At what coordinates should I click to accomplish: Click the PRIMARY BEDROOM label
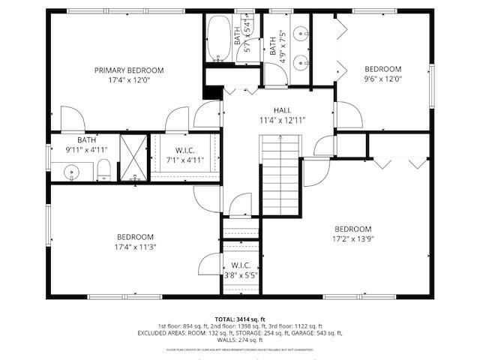128,70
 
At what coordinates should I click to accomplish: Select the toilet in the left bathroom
105,169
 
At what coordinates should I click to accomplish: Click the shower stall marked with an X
133,158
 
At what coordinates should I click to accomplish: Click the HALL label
282,109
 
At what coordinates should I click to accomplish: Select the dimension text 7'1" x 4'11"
184,159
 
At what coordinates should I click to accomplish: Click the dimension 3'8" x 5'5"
241,275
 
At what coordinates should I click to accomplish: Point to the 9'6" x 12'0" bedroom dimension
383,78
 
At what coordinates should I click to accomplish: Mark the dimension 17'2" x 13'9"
352,239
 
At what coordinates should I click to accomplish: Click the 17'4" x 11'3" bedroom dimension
135,246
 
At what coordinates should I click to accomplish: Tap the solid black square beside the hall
213,91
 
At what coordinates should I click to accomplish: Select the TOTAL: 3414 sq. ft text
240,319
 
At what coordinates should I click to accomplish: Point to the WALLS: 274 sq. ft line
240,339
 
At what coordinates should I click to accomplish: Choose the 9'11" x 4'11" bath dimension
87,149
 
